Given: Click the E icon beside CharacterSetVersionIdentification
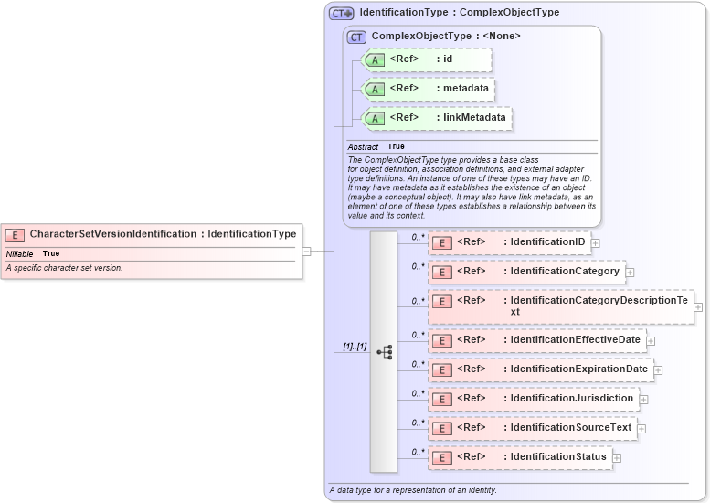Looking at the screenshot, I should point(16,234).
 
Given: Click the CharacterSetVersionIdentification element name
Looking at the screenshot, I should point(112,234).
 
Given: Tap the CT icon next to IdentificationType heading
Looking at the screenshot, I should point(342,13).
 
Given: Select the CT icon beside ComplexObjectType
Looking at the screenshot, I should point(356,37).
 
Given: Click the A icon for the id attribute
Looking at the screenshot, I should point(375,60).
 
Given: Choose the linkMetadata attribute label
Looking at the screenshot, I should point(475,118).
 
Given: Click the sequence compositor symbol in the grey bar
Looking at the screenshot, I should point(384,351).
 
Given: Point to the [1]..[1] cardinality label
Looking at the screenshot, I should point(355,347).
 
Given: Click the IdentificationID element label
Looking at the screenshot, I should point(547,242).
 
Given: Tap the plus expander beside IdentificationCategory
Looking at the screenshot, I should point(630,273).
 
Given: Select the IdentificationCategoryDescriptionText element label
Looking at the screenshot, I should point(599,305).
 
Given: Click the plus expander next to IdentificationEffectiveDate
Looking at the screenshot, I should point(651,341).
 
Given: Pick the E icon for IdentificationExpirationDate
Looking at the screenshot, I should point(442,370).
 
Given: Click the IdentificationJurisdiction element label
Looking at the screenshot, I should point(571,399).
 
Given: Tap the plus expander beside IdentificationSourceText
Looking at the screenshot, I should point(641,429).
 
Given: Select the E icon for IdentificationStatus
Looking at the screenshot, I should point(442,457).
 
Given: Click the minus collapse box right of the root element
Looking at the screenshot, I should point(307,251).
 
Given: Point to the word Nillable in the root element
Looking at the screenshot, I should point(20,253).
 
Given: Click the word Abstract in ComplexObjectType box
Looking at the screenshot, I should point(363,147).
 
